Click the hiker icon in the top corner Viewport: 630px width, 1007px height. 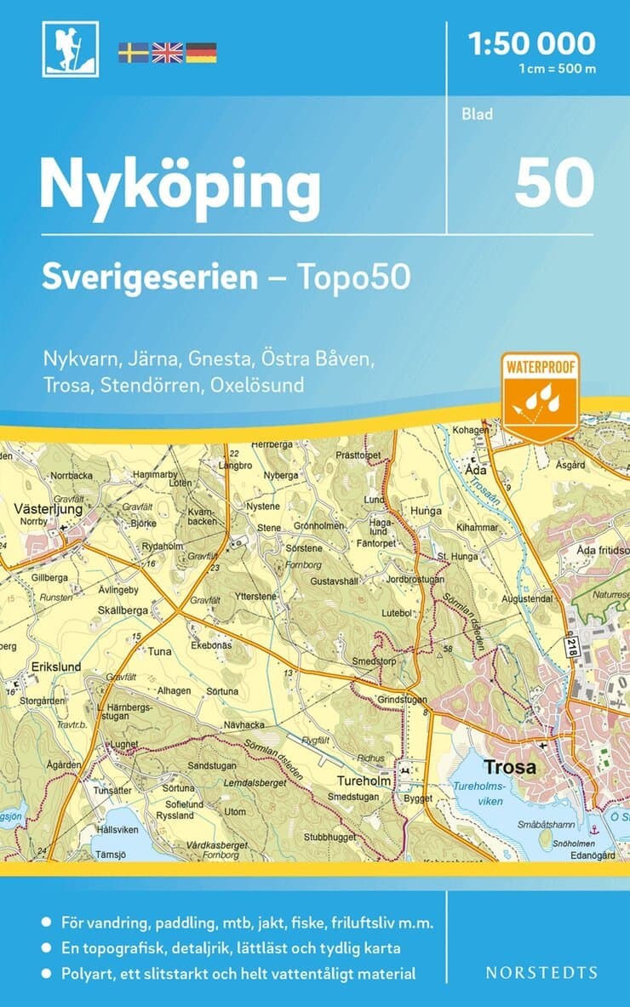70,49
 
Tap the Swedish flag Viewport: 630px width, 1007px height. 133,53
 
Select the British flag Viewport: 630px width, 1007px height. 167,53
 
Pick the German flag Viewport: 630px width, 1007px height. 201,53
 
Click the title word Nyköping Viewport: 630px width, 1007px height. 180,187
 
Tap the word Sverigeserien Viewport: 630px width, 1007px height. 150,277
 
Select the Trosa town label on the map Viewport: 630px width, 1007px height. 509,767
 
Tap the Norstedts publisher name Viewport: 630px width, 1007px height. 541,972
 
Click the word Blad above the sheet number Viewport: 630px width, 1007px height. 477,114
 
